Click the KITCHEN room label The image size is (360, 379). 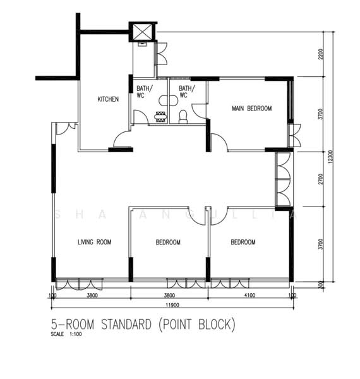point(107,99)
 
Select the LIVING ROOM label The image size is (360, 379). point(95,242)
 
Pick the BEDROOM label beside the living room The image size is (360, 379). point(168,243)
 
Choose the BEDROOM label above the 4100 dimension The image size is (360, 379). point(243,243)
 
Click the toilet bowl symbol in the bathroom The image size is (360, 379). point(183,116)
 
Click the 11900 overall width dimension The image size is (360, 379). point(171,304)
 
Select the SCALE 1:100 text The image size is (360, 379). point(66,335)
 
